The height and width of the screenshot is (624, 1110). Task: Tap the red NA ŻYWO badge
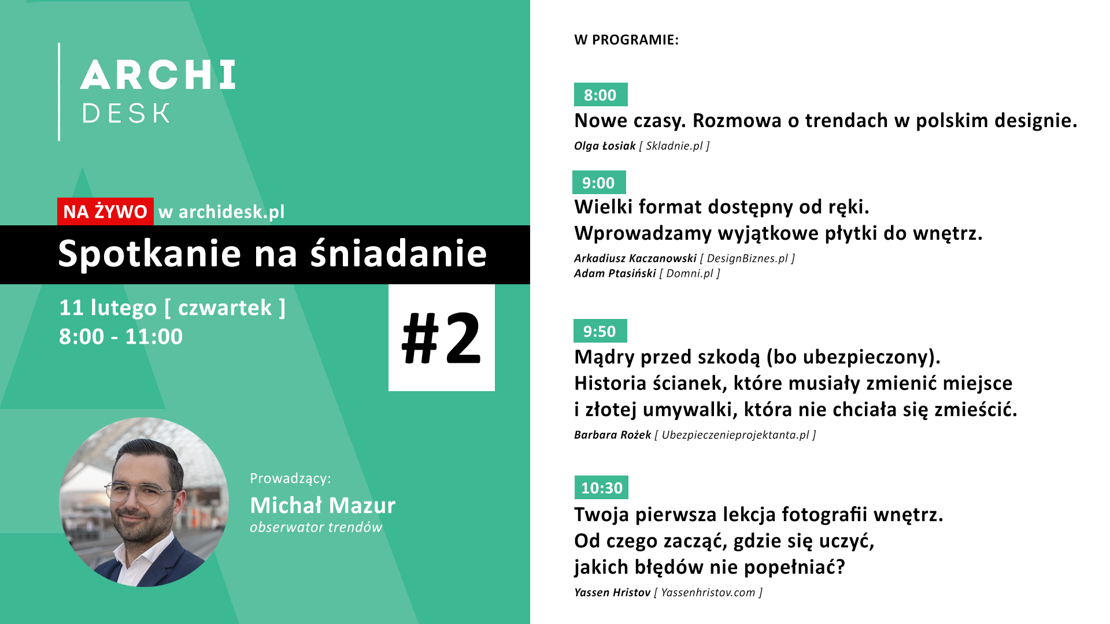[105, 211]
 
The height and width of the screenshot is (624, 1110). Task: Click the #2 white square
[442, 337]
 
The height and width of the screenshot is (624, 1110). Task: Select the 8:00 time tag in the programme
[601, 95]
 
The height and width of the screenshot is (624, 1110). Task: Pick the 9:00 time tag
[599, 183]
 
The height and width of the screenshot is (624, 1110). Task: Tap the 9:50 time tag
[600, 331]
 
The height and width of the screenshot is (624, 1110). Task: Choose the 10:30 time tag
[601, 488]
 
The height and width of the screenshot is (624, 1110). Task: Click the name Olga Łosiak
[605, 146]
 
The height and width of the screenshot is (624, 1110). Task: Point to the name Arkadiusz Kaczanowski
[635, 258]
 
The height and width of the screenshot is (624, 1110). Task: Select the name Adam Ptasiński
[615, 273]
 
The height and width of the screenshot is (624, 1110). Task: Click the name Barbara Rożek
[613, 434]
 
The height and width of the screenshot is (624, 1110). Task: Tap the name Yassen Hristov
[612, 592]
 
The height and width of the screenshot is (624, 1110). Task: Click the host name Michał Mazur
[323, 506]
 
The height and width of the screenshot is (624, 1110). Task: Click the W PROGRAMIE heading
[627, 40]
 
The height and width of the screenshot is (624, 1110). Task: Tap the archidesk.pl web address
[232, 212]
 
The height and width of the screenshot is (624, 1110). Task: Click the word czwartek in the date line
[225, 308]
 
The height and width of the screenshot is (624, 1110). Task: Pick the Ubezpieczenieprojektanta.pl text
[735, 435]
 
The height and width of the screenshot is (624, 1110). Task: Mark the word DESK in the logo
[126, 113]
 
